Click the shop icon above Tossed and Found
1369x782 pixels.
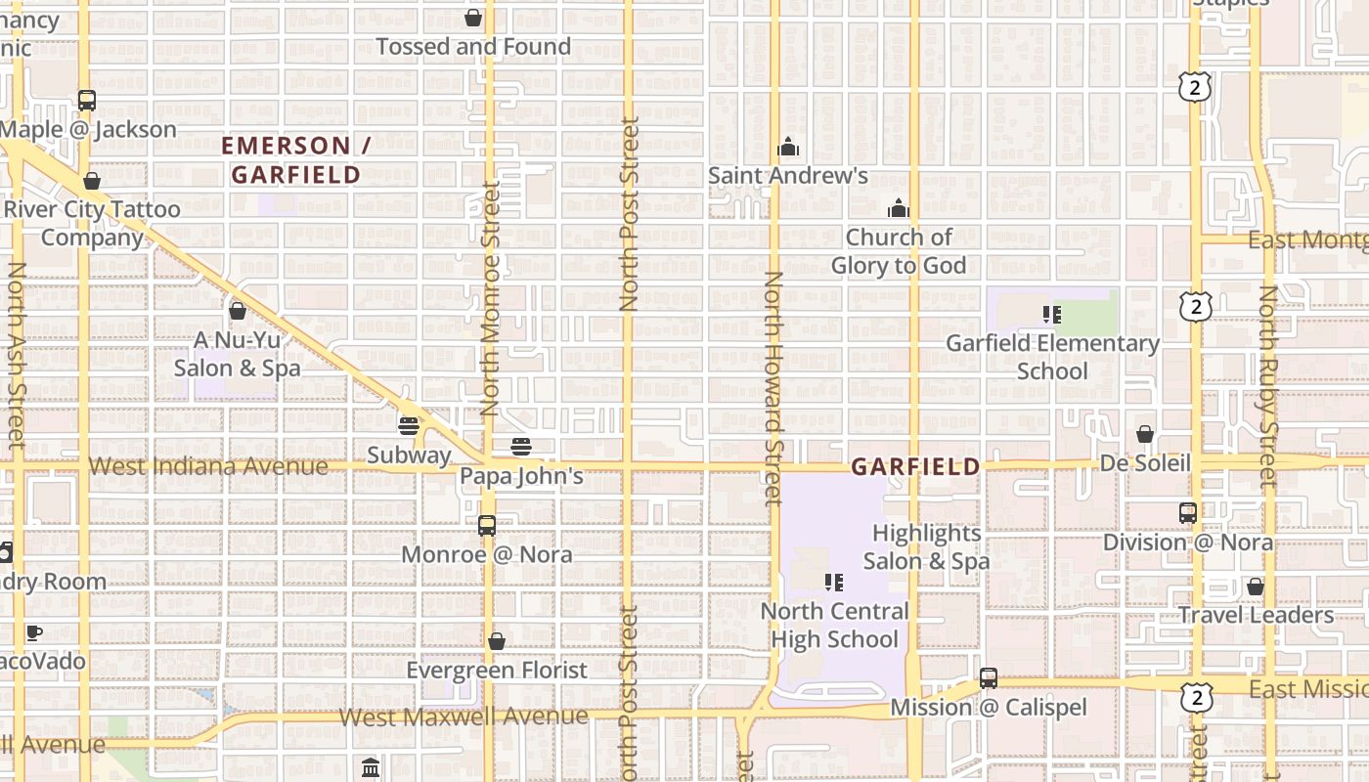473,18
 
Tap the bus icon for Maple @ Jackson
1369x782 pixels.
87,100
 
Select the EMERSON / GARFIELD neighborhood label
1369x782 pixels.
295,160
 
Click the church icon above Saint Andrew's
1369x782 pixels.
788,148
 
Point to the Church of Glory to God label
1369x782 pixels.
899,251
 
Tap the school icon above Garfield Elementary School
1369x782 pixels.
1052,315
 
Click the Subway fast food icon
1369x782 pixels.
409,426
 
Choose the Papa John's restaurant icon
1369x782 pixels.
521,448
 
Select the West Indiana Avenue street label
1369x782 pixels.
208,466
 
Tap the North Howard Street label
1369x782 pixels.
773,388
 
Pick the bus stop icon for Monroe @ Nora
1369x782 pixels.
487,526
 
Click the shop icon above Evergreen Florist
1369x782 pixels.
497,641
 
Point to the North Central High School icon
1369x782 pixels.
834,583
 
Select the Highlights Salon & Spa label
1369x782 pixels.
926,547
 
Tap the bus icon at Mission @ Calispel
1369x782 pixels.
989,678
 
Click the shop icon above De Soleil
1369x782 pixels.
1145,434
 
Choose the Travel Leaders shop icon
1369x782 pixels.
1256,586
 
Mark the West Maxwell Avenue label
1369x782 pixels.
464,717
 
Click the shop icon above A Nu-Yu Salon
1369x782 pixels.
238,311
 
